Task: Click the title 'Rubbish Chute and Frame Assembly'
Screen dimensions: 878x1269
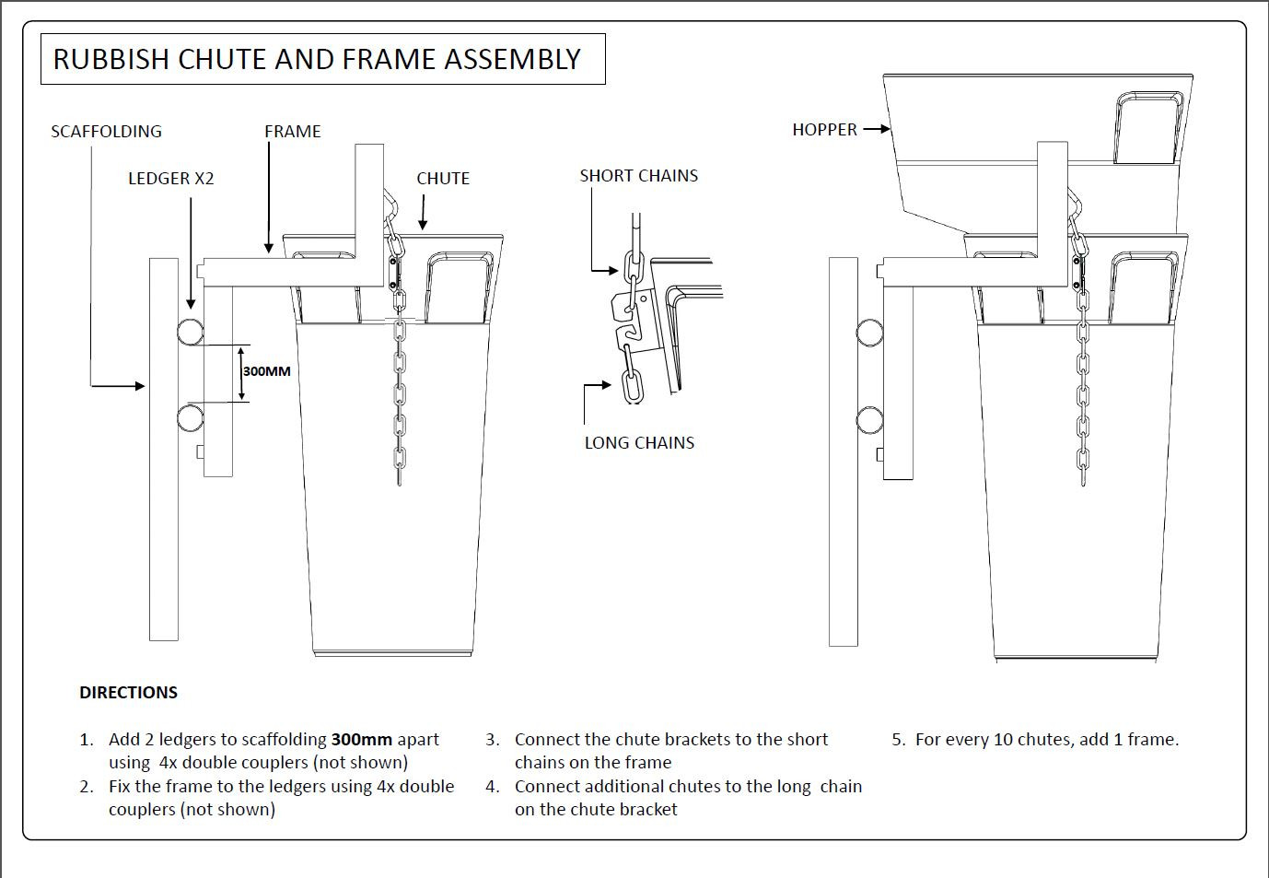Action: tap(317, 59)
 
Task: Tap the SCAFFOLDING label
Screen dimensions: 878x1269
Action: tap(106, 132)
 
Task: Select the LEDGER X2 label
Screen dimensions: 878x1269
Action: tap(170, 179)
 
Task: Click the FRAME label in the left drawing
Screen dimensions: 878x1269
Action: tap(292, 132)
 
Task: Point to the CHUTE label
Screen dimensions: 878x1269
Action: tap(442, 179)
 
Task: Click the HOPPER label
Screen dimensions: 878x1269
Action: tap(824, 130)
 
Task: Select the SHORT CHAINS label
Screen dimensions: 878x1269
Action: tap(638, 176)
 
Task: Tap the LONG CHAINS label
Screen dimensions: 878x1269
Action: tap(639, 443)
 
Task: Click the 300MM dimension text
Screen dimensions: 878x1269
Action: tap(266, 371)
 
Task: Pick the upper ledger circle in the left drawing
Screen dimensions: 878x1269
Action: tap(192, 332)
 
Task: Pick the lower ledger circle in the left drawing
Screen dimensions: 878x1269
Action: tap(192, 418)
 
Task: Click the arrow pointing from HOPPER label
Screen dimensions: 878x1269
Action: tap(877, 129)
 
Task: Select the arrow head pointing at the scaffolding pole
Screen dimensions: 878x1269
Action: tap(140, 386)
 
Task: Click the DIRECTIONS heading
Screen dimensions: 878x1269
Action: tap(128, 693)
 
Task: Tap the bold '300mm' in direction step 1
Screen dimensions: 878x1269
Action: tap(361, 740)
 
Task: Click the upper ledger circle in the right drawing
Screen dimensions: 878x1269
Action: tap(869, 333)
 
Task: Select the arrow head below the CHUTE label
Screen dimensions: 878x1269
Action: tap(423, 224)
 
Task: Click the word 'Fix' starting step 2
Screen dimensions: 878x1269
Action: tap(120, 787)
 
